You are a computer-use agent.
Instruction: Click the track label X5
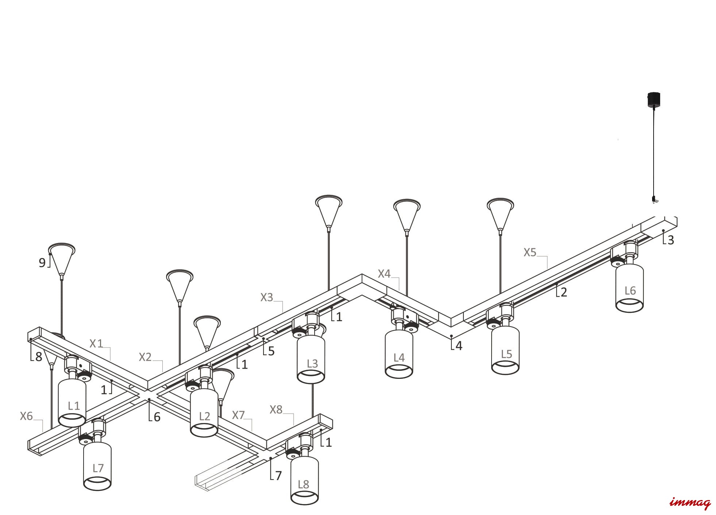530,252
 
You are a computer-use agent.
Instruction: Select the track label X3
266,297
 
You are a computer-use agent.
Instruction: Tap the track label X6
26,416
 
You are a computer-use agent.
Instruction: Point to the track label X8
276,410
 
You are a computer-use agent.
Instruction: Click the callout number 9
42,263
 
